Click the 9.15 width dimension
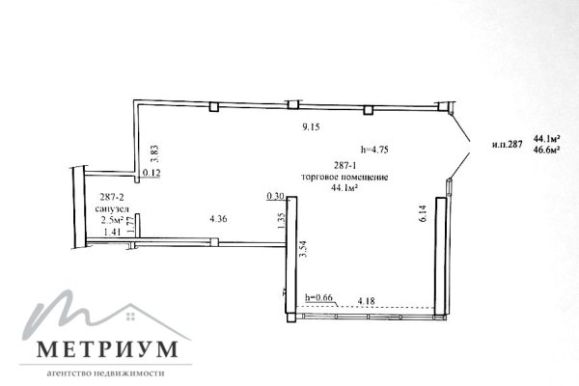(x=311, y=127)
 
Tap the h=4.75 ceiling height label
(x=374, y=150)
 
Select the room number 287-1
(x=345, y=165)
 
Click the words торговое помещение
(x=345, y=177)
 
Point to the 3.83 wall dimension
(x=155, y=153)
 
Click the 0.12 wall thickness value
(x=152, y=173)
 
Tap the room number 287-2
(x=111, y=197)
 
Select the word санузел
(x=112, y=208)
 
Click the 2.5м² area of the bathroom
(x=112, y=221)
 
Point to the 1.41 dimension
(x=113, y=232)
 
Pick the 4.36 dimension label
(x=218, y=219)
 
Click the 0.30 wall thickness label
(x=275, y=196)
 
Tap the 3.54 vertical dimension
(x=304, y=249)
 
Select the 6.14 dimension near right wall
(x=424, y=213)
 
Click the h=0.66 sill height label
(x=319, y=297)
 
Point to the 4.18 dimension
(x=367, y=301)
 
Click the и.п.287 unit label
(x=508, y=145)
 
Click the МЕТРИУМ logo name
(x=107, y=348)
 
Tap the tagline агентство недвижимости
(x=105, y=373)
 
